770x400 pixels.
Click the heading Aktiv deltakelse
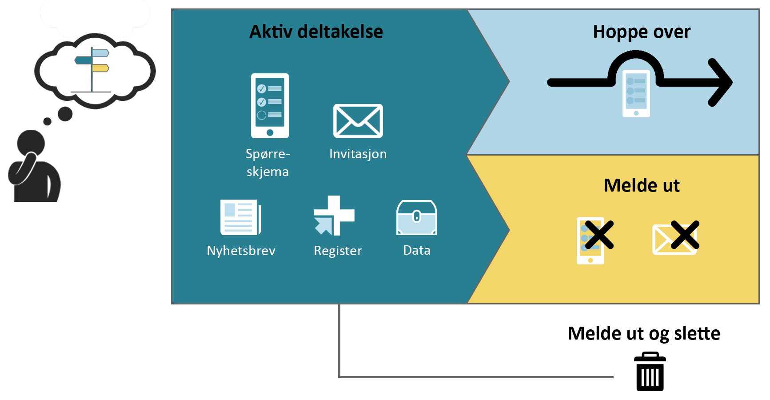tap(316, 32)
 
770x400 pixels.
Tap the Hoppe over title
tap(642, 32)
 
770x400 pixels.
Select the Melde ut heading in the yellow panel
tap(641, 185)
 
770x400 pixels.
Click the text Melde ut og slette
tap(643, 333)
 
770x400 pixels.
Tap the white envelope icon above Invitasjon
tap(358, 121)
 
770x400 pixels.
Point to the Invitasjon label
tap(358, 154)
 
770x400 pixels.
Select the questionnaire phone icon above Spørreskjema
tap(270, 106)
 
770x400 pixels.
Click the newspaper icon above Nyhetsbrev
tap(240, 217)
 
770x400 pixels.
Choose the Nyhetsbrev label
tap(241, 251)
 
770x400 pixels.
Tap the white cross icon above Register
tap(334, 216)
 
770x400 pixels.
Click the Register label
tap(338, 251)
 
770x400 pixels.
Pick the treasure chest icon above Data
tap(416, 217)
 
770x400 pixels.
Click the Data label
tap(416, 250)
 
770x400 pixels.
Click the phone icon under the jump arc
tap(636, 94)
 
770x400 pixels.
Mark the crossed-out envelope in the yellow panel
tap(675, 238)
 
